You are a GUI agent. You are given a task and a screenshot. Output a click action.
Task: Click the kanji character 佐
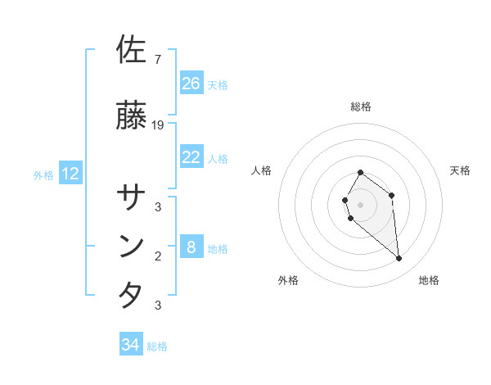click(x=132, y=49)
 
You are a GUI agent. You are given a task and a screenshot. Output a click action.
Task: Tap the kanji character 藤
click(x=132, y=116)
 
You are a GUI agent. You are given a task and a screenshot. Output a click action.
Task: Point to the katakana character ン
click(x=132, y=247)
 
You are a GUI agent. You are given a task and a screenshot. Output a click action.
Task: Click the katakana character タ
click(x=132, y=295)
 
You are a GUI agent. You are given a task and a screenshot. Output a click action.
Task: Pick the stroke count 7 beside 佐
click(x=158, y=59)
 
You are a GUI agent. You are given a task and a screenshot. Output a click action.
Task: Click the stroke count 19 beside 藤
click(x=159, y=125)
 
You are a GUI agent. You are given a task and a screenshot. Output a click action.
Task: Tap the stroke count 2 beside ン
click(x=158, y=256)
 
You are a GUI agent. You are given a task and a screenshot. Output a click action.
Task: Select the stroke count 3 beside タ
click(x=158, y=306)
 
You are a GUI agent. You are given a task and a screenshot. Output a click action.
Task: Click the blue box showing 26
click(x=191, y=84)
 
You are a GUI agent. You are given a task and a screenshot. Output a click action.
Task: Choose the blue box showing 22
click(x=191, y=157)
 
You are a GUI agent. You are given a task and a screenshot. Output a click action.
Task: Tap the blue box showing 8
click(x=191, y=247)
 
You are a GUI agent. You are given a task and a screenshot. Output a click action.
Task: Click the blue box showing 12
click(x=70, y=174)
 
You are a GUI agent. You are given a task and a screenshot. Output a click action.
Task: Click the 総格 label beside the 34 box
click(x=157, y=346)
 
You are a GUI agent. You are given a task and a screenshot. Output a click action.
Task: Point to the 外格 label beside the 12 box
click(x=43, y=174)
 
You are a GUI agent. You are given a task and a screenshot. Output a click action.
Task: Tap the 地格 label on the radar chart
click(x=429, y=280)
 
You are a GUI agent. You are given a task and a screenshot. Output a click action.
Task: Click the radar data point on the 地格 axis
click(x=399, y=259)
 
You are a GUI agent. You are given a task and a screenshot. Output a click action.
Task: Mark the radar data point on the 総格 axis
click(x=360, y=173)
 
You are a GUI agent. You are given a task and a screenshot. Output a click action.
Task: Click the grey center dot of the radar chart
click(x=360, y=204)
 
